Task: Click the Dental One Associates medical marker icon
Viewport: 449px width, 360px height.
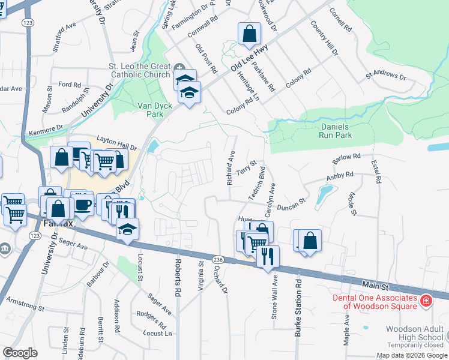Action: [426, 299]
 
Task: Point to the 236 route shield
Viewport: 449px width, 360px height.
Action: [217, 259]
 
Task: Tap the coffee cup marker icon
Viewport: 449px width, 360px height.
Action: [83, 204]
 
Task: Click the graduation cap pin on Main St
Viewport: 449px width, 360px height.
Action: [127, 229]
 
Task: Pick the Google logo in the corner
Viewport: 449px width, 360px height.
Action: [20, 353]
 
